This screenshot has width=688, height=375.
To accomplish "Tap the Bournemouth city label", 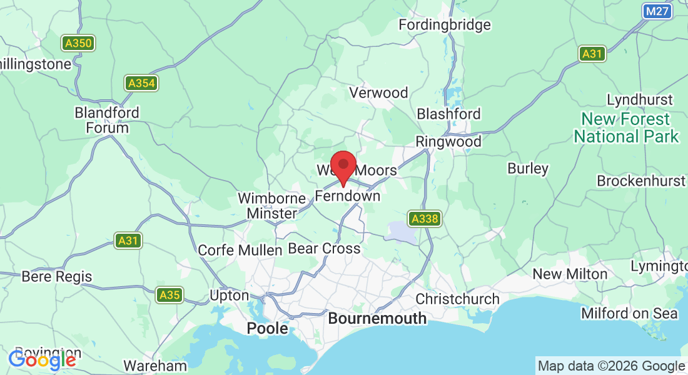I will [377, 318].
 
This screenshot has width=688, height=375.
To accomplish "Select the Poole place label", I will [268, 328].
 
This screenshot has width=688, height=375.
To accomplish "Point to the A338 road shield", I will [425, 219].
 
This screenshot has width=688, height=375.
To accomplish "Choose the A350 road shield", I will [78, 43].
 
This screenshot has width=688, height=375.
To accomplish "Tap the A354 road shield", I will [140, 83].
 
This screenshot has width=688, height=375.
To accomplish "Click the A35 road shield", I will [169, 294].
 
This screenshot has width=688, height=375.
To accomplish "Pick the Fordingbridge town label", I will [445, 25].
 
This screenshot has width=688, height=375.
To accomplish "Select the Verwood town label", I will [378, 92].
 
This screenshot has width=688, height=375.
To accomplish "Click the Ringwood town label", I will [448, 141].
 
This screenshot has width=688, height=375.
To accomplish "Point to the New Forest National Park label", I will [626, 127].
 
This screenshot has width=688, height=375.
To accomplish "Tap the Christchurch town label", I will [457, 299].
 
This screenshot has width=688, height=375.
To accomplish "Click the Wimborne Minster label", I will [271, 206].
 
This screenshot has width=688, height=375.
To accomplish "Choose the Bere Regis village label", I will [56, 276].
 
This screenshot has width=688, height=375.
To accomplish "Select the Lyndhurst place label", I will [639, 99].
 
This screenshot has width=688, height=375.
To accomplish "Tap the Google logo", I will [42, 359].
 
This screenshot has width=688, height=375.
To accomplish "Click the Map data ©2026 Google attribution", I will [611, 366].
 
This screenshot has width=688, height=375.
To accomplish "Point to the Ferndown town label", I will [347, 196].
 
